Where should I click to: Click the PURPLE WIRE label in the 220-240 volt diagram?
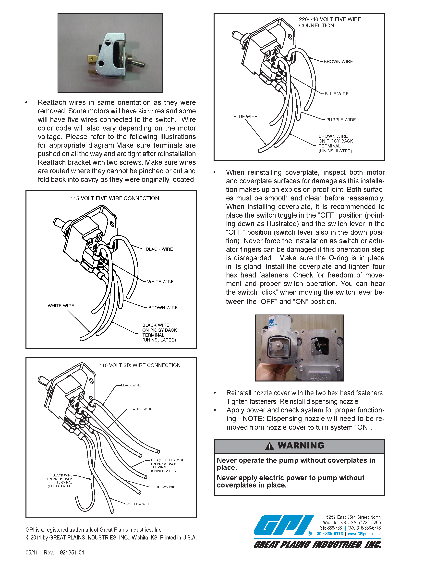click(341, 120)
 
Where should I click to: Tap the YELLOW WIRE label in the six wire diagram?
click(139, 504)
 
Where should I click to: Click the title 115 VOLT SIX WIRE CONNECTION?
click(140, 365)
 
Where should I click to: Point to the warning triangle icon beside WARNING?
click(269, 446)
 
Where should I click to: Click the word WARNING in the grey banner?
click(301, 446)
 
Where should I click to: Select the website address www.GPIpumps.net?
click(364, 534)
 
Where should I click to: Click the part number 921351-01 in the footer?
click(72, 553)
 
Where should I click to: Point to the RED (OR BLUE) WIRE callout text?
click(168, 460)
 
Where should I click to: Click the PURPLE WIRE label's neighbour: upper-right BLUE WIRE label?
click(337, 94)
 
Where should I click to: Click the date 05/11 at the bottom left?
click(32, 553)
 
